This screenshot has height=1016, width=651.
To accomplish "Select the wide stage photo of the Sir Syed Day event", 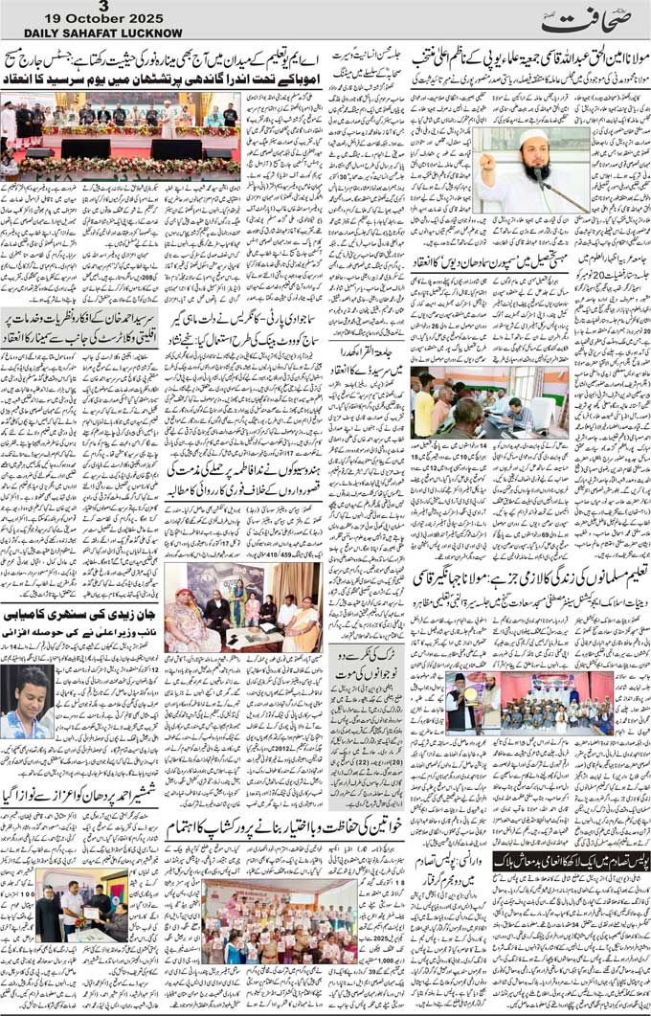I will click(x=120, y=134).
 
